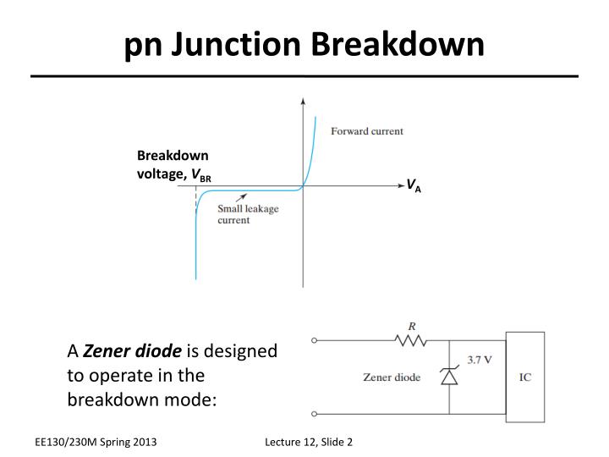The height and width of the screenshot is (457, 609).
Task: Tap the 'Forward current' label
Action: click(x=366, y=131)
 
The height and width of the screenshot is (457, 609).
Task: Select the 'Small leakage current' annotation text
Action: click(x=247, y=214)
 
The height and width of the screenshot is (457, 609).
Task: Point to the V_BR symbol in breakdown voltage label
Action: click(x=201, y=174)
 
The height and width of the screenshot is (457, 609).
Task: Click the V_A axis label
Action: click(x=414, y=185)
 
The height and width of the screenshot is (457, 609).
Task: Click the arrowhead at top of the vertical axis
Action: click(x=303, y=102)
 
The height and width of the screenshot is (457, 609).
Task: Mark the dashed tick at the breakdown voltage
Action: click(x=196, y=201)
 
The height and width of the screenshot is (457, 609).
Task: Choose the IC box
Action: click(x=524, y=377)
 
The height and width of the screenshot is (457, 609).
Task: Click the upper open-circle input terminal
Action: click(x=315, y=341)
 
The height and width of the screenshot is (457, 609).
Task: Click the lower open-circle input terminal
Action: click(x=315, y=414)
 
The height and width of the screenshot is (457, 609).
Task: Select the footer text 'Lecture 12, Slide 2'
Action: click(x=308, y=442)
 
